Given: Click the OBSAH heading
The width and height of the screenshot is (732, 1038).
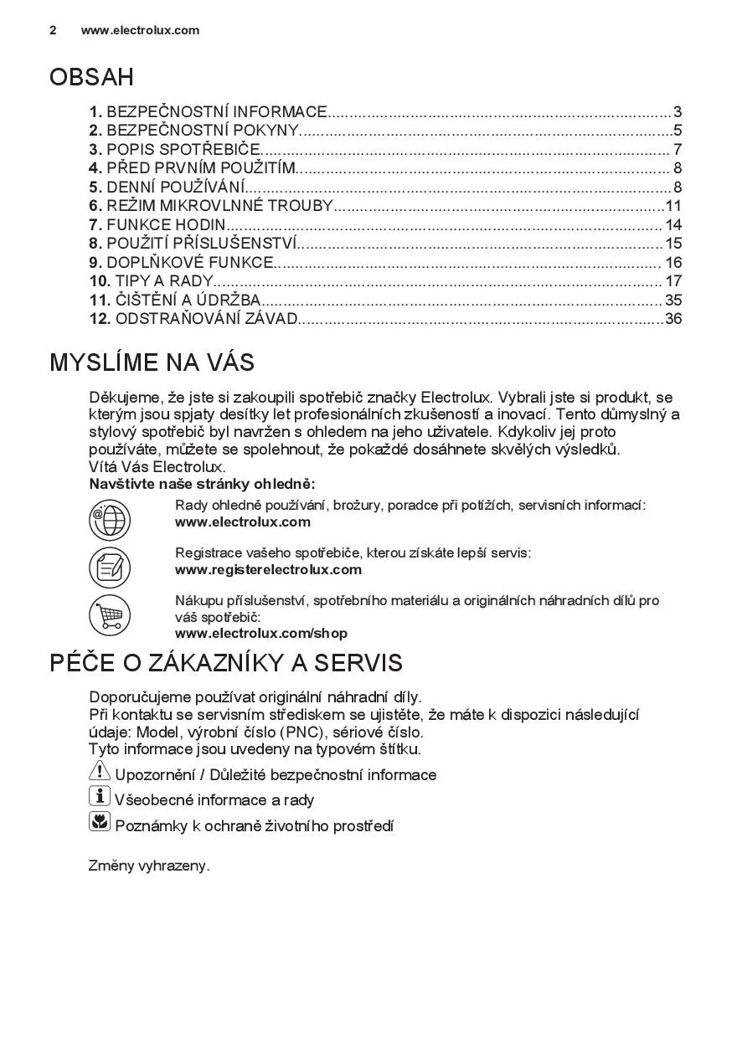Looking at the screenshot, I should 91,77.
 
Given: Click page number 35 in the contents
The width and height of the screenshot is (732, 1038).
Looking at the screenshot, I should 673,300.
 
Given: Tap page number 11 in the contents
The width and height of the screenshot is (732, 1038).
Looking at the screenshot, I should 673,206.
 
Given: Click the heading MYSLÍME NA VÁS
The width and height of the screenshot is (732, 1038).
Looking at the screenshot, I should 152,362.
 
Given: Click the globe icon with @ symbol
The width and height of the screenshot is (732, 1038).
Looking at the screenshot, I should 110,520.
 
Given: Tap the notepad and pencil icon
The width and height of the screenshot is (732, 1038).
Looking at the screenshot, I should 110,567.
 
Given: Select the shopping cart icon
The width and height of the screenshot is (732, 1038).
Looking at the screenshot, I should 110,616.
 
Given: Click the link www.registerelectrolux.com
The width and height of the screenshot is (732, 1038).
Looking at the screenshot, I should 268,570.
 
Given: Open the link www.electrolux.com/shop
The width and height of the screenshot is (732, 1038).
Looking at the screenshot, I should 260,634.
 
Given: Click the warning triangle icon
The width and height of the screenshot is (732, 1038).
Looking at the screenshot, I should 99,771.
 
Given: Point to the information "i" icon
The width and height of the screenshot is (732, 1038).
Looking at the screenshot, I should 99,796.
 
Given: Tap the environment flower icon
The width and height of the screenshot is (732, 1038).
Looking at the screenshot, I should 99,822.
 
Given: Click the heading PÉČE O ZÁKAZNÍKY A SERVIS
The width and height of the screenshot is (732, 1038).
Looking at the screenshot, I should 226,663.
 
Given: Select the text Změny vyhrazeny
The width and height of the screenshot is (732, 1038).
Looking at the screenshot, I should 149,866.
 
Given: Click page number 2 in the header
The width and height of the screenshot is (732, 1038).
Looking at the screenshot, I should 53,30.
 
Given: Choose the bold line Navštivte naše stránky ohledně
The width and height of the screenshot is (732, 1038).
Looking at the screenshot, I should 202,485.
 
